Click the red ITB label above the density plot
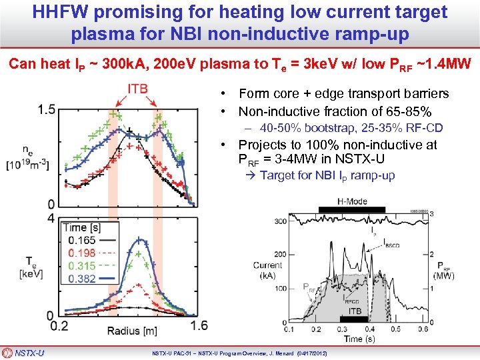click(137, 89)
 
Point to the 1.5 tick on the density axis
click(46, 109)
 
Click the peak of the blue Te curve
click(139, 241)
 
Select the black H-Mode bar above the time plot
click(351, 209)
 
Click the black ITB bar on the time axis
click(354, 319)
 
